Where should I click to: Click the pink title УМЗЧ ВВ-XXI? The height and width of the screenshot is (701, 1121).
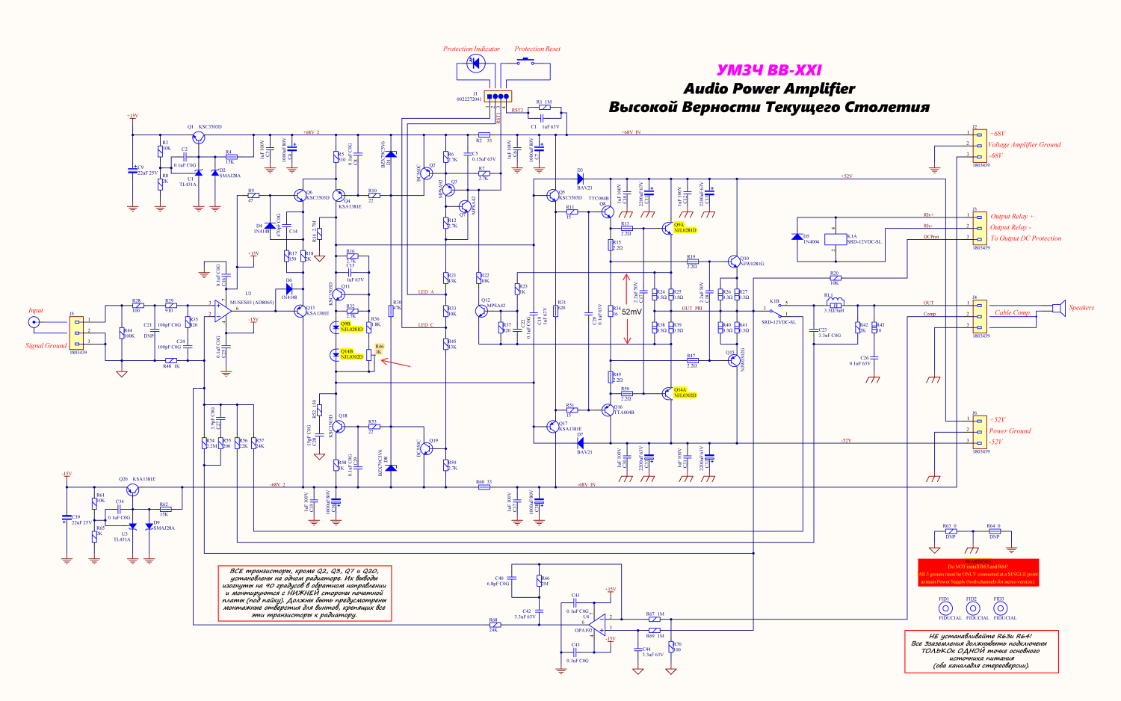tap(769, 70)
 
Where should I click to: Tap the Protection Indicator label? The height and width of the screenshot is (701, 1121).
tap(472, 49)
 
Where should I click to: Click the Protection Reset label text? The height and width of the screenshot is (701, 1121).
tap(537, 49)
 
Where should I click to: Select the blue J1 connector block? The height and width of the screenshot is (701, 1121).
tap(497, 96)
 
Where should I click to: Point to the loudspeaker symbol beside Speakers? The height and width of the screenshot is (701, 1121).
tap(1057, 307)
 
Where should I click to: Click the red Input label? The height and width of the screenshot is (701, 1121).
tap(36, 310)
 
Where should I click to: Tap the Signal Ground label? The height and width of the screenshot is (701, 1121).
tap(46, 345)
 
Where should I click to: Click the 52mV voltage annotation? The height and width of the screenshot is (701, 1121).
tap(631, 312)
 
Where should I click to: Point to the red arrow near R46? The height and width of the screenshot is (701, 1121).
tap(398, 364)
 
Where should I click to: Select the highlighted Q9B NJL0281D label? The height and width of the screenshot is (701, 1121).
tap(351, 327)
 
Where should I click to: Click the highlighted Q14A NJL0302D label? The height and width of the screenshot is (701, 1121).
tap(685, 392)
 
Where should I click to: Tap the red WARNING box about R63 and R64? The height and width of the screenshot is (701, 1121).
tap(978, 572)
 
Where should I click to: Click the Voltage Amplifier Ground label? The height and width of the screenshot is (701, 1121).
tap(1024, 144)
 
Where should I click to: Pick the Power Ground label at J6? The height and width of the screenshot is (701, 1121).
tap(1010, 430)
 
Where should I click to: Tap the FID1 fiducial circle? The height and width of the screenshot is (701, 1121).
tap(945, 608)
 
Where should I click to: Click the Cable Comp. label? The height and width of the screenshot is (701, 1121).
tap(1013, 312)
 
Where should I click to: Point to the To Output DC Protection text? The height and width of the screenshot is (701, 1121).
tap(1025, 238)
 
